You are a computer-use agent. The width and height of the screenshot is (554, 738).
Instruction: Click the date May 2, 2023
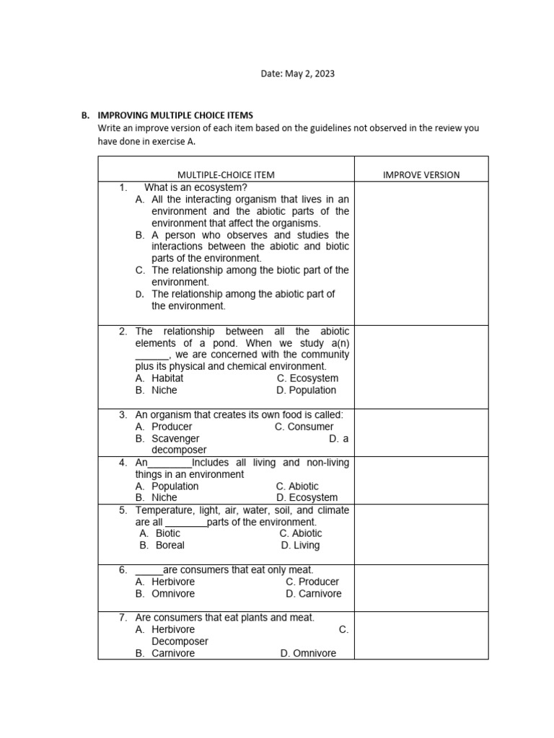297,74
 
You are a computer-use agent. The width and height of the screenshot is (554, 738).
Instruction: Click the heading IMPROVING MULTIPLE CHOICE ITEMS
175,115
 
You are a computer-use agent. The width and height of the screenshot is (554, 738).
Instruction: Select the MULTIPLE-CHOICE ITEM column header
226,174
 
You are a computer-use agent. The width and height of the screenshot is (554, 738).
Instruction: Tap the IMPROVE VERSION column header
421,174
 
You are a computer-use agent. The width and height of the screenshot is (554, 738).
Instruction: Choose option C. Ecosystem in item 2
307,378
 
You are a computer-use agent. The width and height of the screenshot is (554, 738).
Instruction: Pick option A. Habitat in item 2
159,378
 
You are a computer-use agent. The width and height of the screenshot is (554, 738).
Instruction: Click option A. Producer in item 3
164,427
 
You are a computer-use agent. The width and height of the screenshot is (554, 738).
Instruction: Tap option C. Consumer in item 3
304,427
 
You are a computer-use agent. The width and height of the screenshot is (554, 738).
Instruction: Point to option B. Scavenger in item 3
167,438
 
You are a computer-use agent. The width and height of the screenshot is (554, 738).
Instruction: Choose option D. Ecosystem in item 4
307,497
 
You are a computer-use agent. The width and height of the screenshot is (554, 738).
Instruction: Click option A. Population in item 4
167,486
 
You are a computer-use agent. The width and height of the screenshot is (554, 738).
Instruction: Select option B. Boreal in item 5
162,545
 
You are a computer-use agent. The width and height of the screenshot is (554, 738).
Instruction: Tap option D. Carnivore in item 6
314,594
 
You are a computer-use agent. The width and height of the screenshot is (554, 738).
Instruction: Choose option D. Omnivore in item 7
308,653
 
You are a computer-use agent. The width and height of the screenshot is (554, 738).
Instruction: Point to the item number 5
123,510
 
